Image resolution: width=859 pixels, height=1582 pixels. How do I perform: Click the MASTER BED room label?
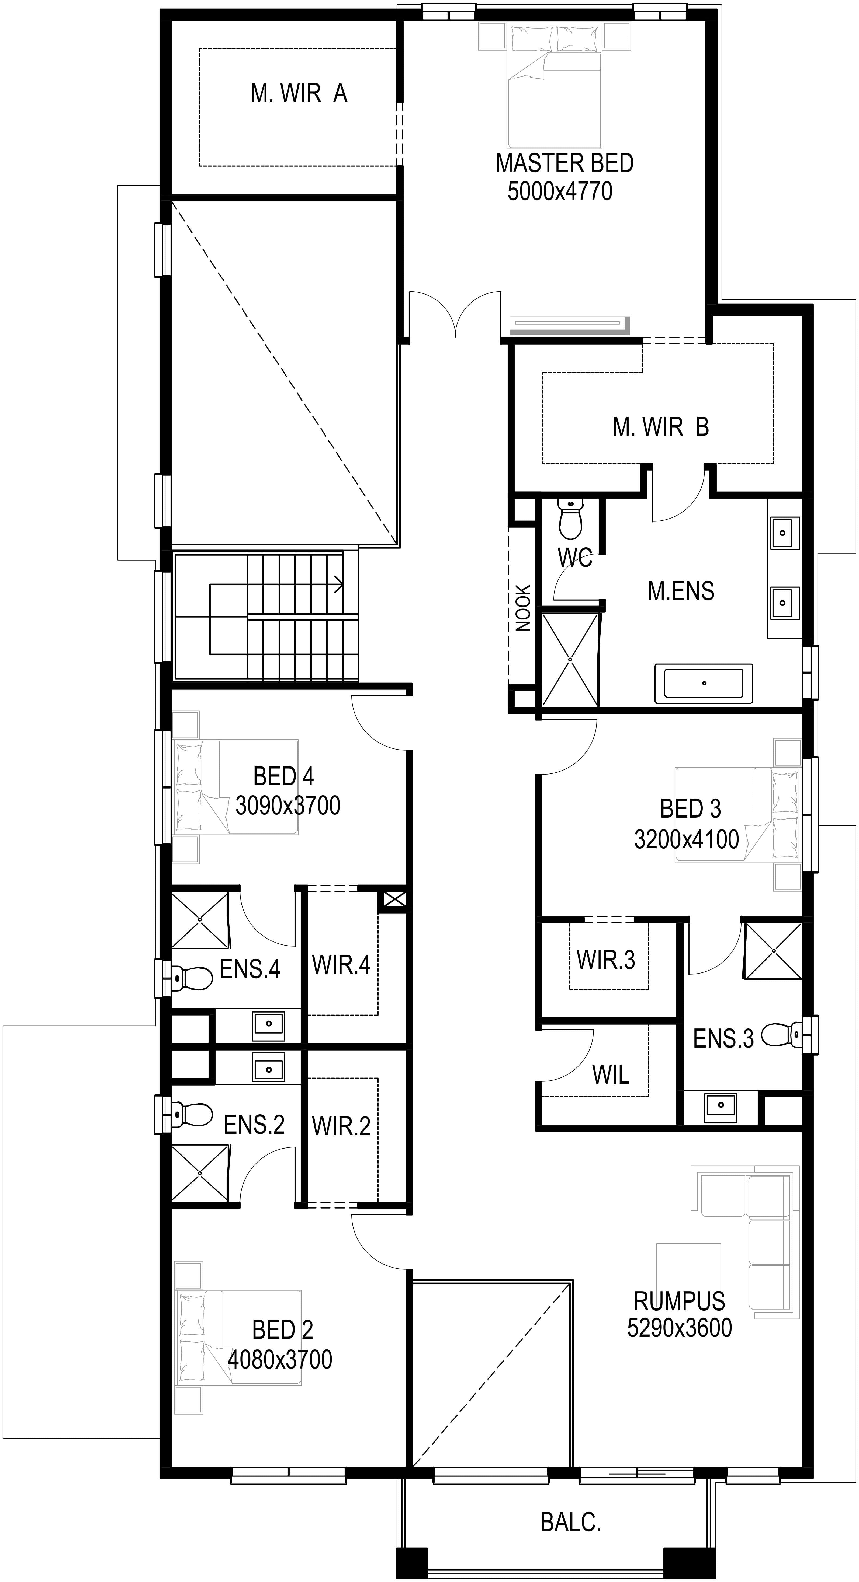click(564, 163)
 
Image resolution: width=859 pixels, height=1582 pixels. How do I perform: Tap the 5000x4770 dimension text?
click(560, 191)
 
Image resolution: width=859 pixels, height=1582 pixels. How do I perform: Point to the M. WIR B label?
click(660, 427)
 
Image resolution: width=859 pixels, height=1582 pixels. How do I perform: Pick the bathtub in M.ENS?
click(704, 683)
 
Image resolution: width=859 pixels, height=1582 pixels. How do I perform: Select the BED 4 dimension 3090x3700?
click(288, 805)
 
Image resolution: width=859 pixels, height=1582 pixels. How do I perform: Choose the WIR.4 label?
click(341, 965)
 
